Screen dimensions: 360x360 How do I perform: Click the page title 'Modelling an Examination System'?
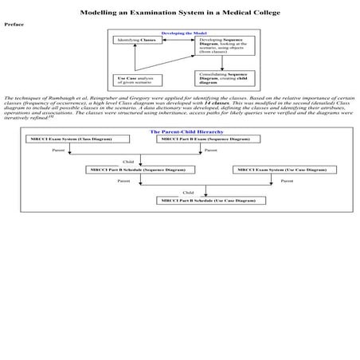[x=179, y=13]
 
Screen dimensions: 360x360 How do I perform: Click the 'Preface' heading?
[x=14, y=25]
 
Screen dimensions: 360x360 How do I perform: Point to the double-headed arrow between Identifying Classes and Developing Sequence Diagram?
[x=176, y=40]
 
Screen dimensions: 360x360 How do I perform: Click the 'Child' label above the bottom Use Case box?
[x=188, y=193]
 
